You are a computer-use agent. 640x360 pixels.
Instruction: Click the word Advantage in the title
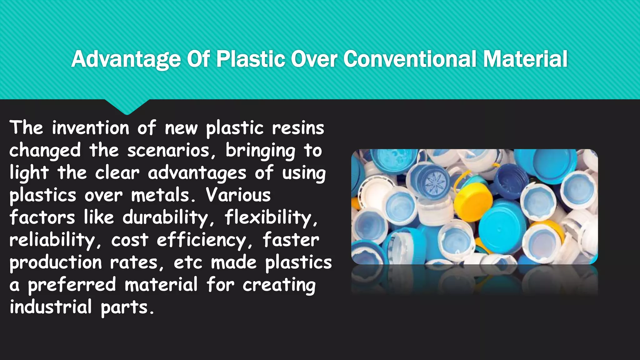[126, 59]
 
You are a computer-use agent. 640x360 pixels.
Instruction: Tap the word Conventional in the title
[410, 59]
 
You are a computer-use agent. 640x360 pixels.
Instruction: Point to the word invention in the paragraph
[90, 128]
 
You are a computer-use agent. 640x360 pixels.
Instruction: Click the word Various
[238, 195]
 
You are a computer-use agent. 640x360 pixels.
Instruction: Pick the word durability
[165, 217]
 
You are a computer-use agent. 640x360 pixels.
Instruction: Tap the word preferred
[72, 285]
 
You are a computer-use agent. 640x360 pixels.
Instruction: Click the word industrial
[51, 307]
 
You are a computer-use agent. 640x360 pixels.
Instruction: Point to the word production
[55, 262]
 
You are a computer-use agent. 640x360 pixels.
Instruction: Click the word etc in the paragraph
[188, 262]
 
